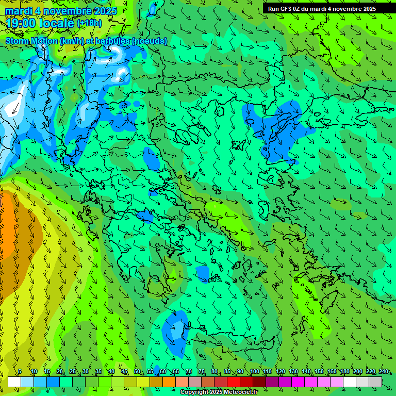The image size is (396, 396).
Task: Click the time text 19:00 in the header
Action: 20,23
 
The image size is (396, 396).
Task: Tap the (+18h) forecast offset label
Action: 89,23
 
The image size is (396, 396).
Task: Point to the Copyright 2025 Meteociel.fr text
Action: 219,392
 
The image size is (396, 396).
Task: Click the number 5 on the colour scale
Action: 20,372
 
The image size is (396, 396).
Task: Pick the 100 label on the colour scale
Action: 254,372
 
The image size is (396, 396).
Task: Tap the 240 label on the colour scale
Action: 384,372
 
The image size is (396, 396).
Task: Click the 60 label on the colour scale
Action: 163,372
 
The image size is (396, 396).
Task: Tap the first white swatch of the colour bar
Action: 14,382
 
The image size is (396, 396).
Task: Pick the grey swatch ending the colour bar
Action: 375,382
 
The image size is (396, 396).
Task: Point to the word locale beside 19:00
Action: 56,23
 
